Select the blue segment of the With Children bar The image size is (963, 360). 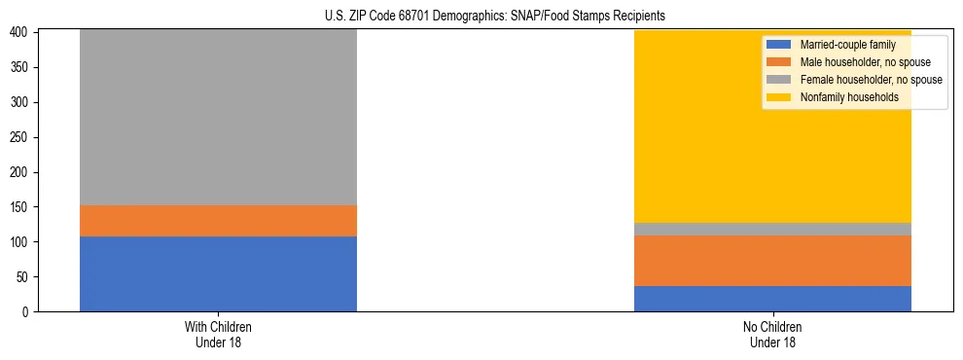click(x=218, y=273)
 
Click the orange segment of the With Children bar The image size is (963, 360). click(x=218, y=221)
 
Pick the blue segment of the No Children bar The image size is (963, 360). click(x=772, y=299)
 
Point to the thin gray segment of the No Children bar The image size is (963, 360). click(x=772, y=229)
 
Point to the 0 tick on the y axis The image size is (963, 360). click(x=26, y=311)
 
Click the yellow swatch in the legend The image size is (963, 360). click(x=779, y=97)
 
